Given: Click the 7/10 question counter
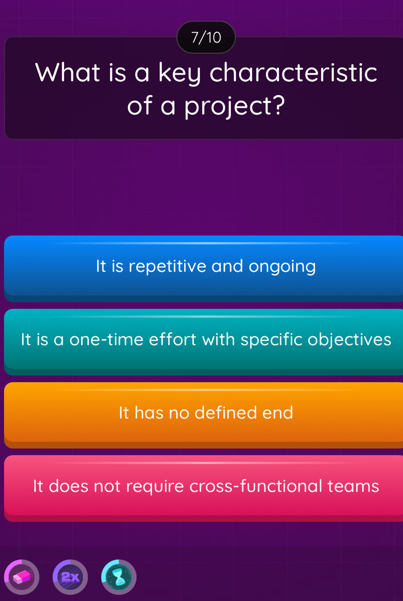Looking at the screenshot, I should pyautogui.click(x=206, y=38).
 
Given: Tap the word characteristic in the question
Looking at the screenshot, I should pyautogui.click(x=294, y=73).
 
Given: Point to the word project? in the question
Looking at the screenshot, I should pyautogui.click(x=234, y=107).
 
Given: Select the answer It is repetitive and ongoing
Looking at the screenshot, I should pyautogui.click(x=205, y=266).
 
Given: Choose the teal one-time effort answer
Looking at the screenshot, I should pyautogui.click(x=205, y=340).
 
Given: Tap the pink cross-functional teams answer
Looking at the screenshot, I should pyautogui.click(x=205, y=486).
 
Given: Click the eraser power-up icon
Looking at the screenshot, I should pyautogui.click(x=22, y=577).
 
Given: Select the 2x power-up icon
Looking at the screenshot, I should pyautogui.click(x=70, y=577).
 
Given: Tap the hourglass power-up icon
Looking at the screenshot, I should pyautogui.click(x=119, y=577).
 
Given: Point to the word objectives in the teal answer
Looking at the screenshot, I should pyautogui.click(x=349, y=340).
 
